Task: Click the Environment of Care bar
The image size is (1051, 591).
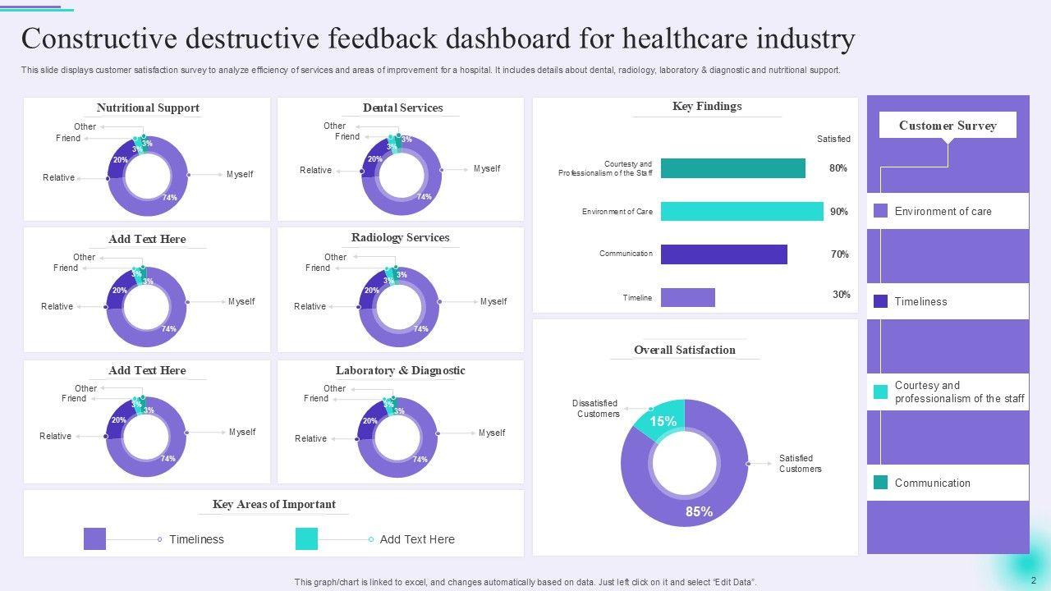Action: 741,212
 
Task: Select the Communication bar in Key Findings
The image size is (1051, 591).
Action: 723,254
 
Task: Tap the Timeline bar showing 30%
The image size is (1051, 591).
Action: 687,297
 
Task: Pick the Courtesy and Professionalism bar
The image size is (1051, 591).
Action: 732,168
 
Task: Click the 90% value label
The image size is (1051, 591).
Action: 838,212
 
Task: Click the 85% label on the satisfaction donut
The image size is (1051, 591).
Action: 699,511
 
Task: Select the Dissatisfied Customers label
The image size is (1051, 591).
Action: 596,409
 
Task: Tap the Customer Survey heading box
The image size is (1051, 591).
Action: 948,126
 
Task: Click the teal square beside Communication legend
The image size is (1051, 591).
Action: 880,483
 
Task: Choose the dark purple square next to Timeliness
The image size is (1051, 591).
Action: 880,301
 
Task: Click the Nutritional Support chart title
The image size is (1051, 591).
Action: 148,108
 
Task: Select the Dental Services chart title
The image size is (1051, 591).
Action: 402,108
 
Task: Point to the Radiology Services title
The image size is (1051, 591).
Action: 400,238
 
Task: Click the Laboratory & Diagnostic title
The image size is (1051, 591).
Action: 400,370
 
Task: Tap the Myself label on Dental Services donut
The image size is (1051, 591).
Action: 487,169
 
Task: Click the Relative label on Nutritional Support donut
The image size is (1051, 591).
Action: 58,177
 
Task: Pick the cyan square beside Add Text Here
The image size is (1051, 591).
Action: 306,539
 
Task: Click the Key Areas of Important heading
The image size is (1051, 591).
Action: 273,504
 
